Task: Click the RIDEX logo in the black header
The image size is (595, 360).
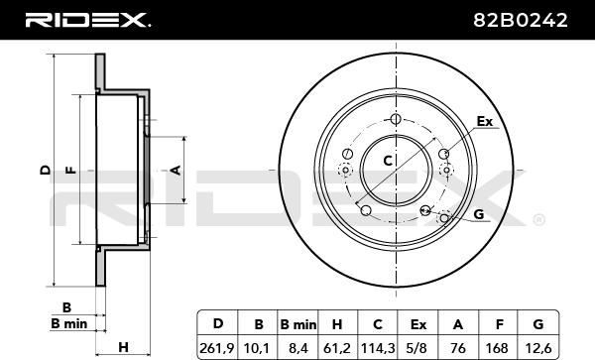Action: (x=87, y=20)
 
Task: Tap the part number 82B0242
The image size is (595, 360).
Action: (x=521, y=20)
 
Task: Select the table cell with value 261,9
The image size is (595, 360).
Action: (x=217, y=348)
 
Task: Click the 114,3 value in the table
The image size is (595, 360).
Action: (x=378, y=348)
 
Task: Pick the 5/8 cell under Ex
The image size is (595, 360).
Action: (x=417, y=348)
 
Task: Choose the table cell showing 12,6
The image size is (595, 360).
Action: (x=538, y=348)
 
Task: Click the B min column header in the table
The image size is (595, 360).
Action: (x=297, y=324)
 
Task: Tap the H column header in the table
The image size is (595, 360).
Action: (x=337, y=324)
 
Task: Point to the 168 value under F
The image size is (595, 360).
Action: (x=497, y=348)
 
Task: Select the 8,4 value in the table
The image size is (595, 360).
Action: (x=297, y=348)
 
